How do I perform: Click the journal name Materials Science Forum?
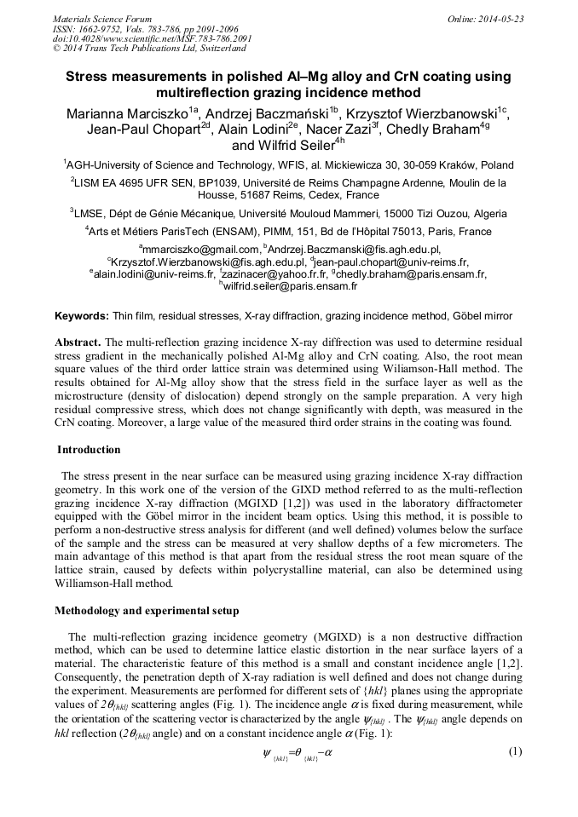102,19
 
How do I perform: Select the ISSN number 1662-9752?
101,29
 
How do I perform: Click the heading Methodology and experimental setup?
147,611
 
